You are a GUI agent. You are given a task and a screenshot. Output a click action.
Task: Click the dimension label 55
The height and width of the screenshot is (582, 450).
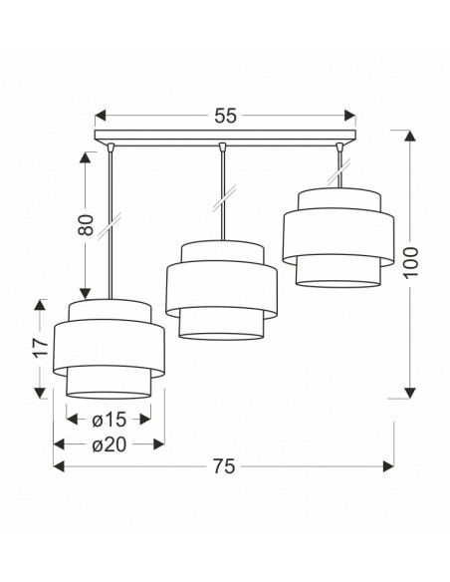tap(225, 116)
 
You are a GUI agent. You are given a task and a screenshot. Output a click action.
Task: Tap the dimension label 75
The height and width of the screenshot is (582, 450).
tap(224, 466)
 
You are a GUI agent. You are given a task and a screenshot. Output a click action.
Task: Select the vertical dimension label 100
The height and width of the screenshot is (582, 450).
tap(410, 262)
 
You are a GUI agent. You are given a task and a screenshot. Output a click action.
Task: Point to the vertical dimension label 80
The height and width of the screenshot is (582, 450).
tap(86, 225)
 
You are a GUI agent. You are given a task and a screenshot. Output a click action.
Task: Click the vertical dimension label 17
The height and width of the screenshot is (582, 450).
tap(41, 348)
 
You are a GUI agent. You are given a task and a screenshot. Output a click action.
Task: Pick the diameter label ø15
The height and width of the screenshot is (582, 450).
tap(110, 420)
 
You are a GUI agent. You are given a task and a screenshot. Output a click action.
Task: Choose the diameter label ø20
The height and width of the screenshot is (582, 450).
tap(110, 444)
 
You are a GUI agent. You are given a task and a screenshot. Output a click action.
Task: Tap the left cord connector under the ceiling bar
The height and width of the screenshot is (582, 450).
tap(111, 147)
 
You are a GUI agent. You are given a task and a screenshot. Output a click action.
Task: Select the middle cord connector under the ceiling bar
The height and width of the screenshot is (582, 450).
tap(222, 147)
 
